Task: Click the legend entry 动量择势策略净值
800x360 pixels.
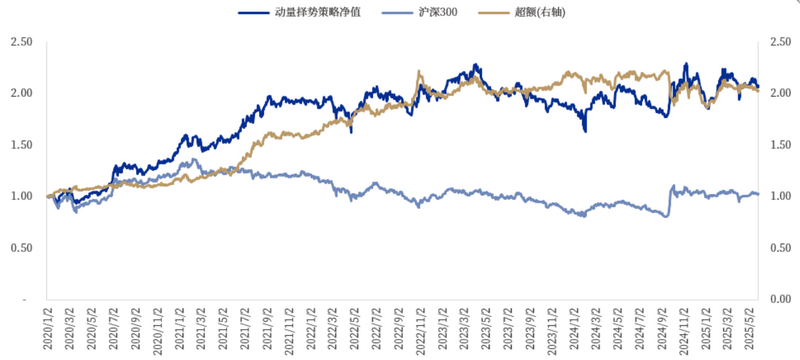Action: tap(317, 12)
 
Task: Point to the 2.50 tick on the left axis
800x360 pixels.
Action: tap(22, 42)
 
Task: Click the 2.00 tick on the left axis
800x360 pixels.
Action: tap(22, 93)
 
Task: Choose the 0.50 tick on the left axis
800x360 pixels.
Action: tap(22, 248)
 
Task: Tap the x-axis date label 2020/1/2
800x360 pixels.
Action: tap(48, 328)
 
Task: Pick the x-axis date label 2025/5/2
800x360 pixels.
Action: tap(753, 328)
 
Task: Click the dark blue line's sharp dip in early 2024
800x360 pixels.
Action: tap(585, 131)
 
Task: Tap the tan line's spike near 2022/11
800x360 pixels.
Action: tap(419, 72)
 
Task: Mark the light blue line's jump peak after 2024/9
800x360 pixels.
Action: tap(673, 186)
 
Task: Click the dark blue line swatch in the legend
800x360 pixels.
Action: tap(253, 12)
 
